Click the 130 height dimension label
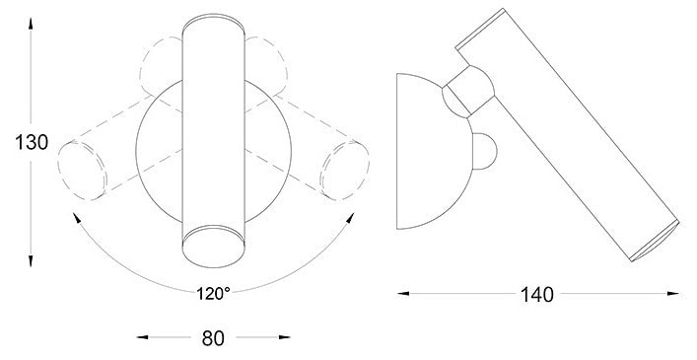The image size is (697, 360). coord(32,143)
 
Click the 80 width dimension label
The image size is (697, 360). coord(213,338)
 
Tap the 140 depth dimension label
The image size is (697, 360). coord(537,295)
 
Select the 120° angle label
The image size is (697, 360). coord(213,293)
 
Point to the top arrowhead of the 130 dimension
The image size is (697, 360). coord(31,23)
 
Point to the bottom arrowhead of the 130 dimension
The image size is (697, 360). coord(31,261)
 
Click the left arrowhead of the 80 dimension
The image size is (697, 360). coord(142,337)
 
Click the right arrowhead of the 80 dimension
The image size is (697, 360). coord(285,337)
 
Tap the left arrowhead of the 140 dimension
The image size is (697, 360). coord(403,293)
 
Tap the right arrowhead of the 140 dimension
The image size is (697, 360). coord(673,293)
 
